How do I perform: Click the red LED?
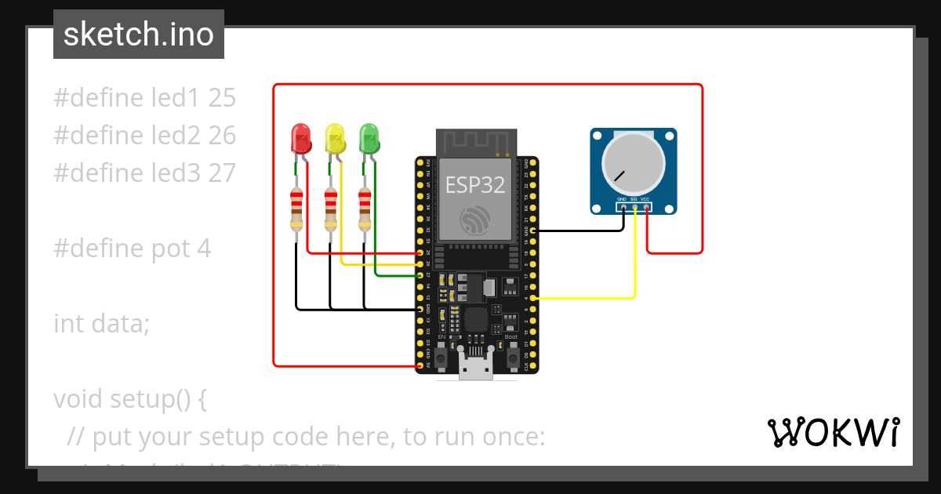click(300, 139)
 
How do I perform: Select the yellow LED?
click(335, 139)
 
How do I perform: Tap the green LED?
click(369, 139)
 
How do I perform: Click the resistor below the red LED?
click(296, 209)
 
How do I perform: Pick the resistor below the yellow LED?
click(331, 209)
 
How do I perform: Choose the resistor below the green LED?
click(365, 209)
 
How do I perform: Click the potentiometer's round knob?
click(633, 164)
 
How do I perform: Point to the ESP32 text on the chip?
click(474, 185)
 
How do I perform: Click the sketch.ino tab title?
click(139, 35)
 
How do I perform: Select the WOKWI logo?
click(833, 432)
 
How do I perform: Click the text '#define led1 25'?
click(144, 98)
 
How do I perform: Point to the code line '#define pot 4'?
click(132, 249)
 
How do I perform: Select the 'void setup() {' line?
click(130, 399)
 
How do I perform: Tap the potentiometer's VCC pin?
click(646, 208)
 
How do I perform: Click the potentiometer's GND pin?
click(623, 208)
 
